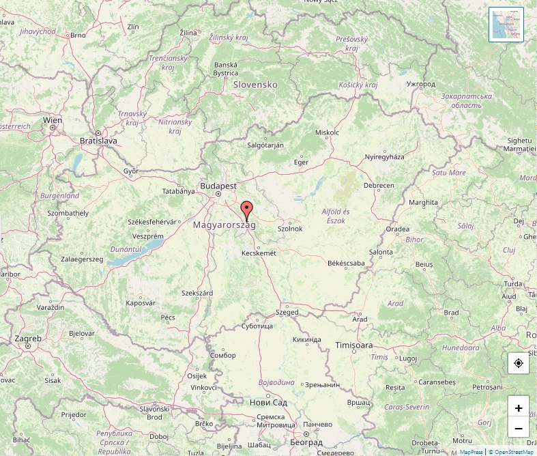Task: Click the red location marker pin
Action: [247, 209]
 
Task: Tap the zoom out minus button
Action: [519, 428]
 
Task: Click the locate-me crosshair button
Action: [519, 363]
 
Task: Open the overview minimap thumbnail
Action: [506, 25]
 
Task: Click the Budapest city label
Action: [218, 186]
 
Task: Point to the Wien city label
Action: [53, 120]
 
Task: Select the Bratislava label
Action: [98, 141]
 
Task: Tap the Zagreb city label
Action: [28, 338]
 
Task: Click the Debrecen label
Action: [379, 186]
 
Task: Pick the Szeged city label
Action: [287, 312]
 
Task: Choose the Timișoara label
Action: [354, 345]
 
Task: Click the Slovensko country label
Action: [255, 85]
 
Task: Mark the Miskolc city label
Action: [327, 132]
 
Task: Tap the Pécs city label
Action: [168, 317]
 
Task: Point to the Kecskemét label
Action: [259, 253]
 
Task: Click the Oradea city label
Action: [398, 229]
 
